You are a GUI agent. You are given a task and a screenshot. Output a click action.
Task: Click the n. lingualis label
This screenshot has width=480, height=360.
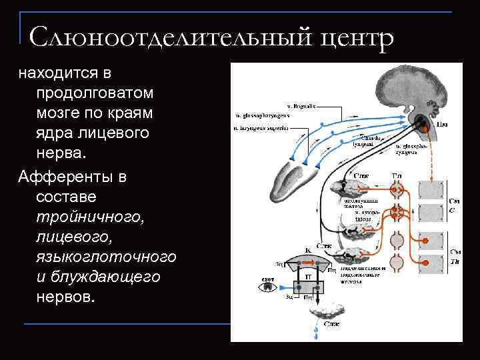tap(301, 105)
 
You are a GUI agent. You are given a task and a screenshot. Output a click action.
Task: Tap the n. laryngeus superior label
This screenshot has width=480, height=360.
tap(261, 127)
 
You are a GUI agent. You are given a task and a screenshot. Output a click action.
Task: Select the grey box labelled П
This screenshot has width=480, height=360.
tap(308, 275)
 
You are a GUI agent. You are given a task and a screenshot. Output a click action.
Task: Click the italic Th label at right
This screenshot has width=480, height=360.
tap(455, 262)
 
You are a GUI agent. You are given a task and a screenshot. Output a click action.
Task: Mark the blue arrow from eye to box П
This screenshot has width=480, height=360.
tap(287, 288)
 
